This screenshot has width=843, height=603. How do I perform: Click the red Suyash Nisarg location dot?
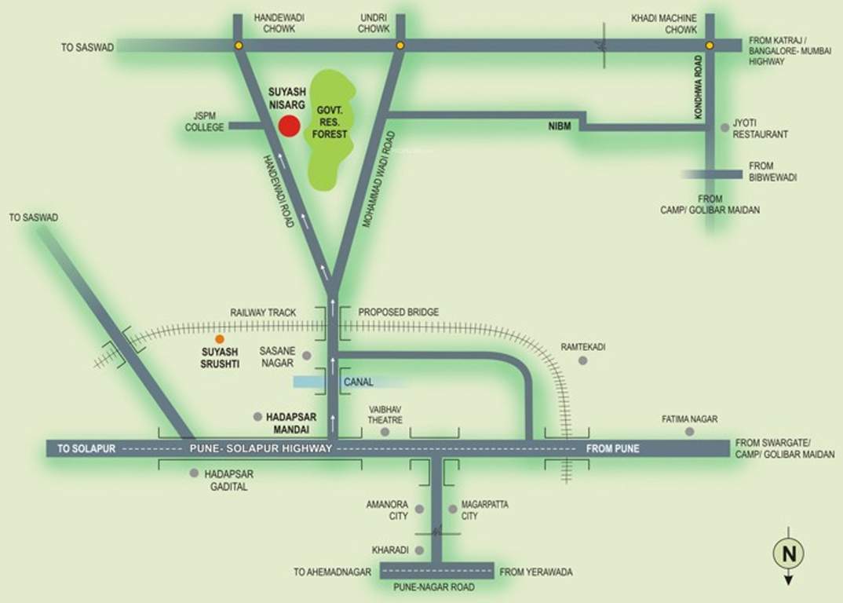pyautogui.click(x=290, y=126)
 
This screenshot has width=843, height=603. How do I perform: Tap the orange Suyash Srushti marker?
pyautogui.click(x=220, y=338)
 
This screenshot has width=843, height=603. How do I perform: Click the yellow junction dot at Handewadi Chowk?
pyautogui.click(x=238, y=46)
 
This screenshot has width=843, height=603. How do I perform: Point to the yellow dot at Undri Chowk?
pyautogui.click(x=400, y=46)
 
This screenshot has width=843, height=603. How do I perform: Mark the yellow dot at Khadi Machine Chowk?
pyautogui.click(x=710, y=46)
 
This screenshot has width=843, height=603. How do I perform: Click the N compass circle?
pyautogui.click(x=789, y=554)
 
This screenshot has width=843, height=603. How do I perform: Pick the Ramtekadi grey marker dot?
pyautogui.click(x=582, y=360)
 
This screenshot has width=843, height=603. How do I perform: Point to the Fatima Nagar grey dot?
pyautogui.click(x=689, y=431)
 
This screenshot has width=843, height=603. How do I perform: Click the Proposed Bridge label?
pyautogui.click(x=398, y=312)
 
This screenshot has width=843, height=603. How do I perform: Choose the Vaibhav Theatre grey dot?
pyautogui.click(x=385, y=432)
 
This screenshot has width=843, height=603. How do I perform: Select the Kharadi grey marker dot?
pyautogui.click(x=419, y=550)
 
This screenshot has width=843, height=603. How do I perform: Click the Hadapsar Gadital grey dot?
pyautogui.click(x=194, y=473)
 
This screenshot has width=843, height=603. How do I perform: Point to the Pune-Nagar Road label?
pyautogui.click(x=436, y=587)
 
